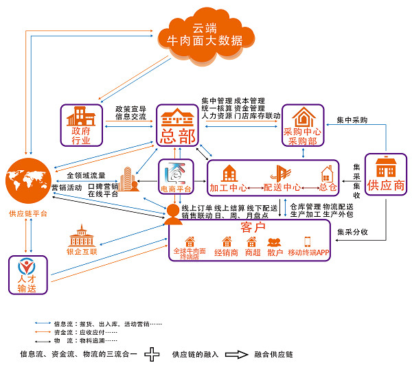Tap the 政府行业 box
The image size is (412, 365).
(80, 125)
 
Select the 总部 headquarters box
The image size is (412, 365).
(177, 124)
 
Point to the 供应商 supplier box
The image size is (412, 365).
(385, 174)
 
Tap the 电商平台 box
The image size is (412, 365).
(176, 176)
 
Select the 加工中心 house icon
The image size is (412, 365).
(229, 174)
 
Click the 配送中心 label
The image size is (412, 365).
(282, 187)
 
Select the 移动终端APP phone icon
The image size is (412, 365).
(307, 242)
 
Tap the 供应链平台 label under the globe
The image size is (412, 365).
(28, 214)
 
